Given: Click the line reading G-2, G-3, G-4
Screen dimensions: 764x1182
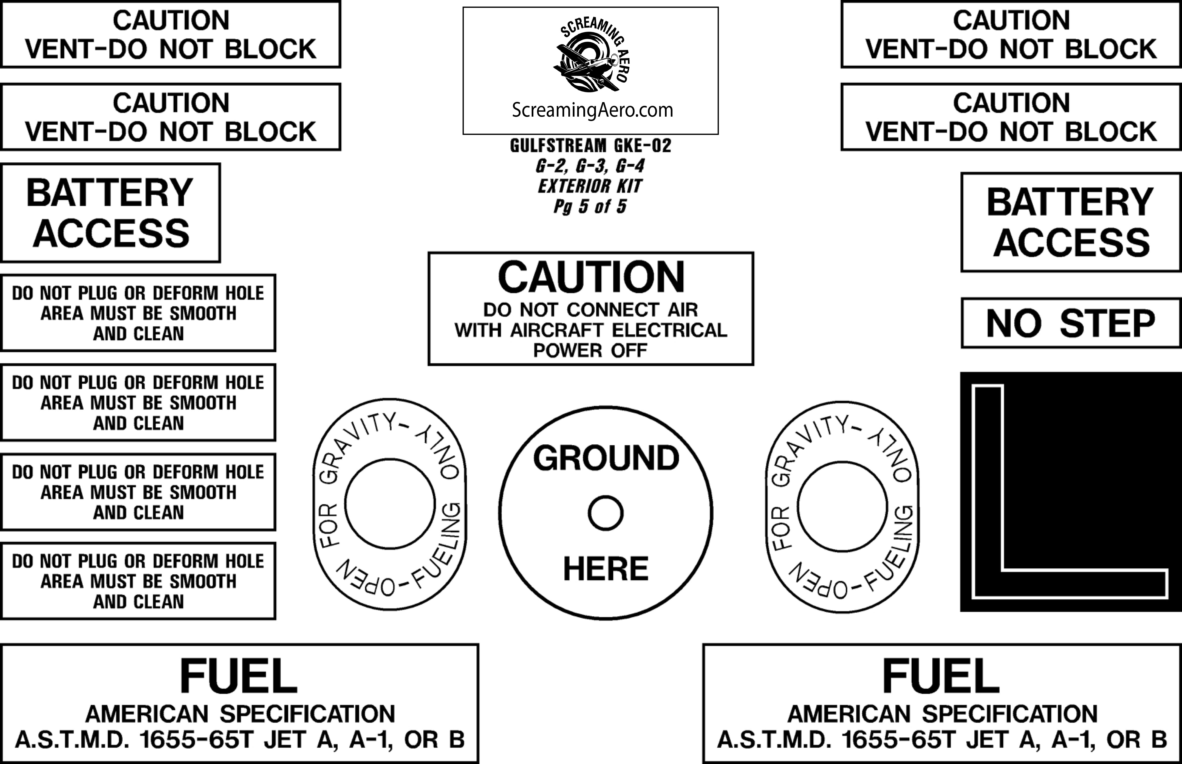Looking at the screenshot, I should point(590,166).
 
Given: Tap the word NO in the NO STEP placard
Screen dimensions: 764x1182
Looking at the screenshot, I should point(1013,324).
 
